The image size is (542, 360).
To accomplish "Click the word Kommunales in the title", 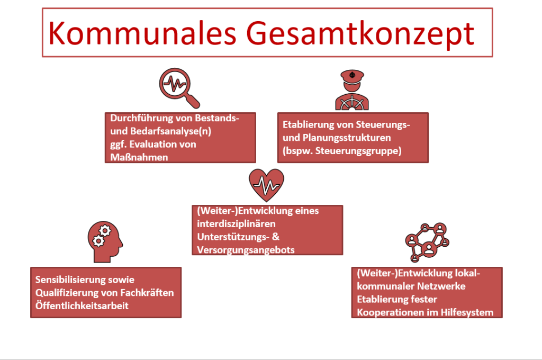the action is click(142, 33).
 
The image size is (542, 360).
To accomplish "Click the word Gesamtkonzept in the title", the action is click(360, 34).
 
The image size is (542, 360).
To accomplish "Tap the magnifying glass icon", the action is click(179, 88).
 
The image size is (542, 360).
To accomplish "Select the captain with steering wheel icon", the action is click(352, 90).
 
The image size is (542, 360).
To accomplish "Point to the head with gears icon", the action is click(105, 242).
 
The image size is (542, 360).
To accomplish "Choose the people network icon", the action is click(427, 242).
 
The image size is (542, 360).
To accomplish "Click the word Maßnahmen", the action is click(139, 157).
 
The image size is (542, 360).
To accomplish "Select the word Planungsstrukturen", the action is click(347, 138).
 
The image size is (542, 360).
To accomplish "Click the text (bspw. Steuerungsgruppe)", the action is click(342, 151).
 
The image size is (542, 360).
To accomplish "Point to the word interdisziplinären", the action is click(236, 224).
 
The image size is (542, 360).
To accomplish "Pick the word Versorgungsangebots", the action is click(246, 250).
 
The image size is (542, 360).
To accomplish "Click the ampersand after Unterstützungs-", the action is click(275, 237).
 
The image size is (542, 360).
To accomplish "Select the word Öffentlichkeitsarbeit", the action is click(82, 305).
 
